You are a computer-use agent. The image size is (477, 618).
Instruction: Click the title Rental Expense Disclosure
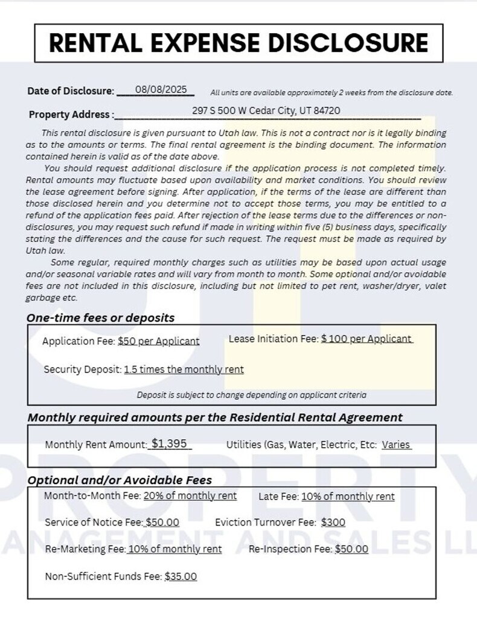click(238, 43)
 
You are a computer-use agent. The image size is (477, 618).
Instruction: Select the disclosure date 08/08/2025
click(161, 89)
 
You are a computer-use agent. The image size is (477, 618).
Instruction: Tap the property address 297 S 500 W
click(266, 110)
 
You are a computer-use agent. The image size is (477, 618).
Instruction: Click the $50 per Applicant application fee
click(158, 341)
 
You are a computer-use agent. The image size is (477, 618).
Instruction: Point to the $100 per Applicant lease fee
click(366, 339)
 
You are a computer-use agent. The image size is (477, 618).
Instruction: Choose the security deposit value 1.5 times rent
click(184, 369)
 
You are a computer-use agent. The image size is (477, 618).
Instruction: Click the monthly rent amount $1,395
click(169, 444)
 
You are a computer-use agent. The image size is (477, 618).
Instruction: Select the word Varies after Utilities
click(395, 445)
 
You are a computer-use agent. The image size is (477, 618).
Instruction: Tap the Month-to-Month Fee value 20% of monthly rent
click(190, 495)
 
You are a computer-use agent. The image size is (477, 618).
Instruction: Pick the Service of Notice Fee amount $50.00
click(162, 522)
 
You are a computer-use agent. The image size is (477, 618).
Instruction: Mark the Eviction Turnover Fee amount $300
click(333, 523)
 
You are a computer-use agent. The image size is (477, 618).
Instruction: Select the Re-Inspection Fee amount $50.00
click(351, 549)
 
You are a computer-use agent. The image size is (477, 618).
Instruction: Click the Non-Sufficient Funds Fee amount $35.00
click(181, 576)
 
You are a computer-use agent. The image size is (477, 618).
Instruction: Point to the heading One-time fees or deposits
click(100, 317)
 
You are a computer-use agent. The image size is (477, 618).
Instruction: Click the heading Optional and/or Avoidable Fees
click(120, 480)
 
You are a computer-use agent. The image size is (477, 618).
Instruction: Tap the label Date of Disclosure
click(71, 91)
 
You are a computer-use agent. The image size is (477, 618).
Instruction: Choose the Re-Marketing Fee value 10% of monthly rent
click(174, 549)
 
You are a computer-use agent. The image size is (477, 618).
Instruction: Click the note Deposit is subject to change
click(251, 395)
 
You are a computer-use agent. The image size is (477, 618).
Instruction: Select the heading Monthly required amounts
click(215, 417)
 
